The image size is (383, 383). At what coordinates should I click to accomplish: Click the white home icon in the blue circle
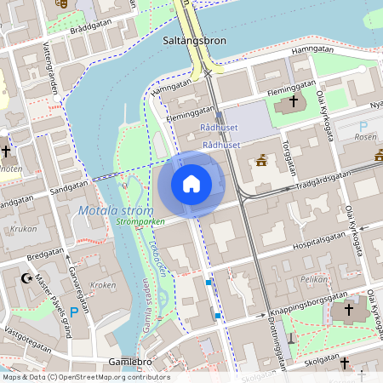pos(191,183)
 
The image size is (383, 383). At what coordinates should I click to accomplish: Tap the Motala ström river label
pos(114,210)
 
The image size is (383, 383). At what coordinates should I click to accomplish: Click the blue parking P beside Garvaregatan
pos(73,313)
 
